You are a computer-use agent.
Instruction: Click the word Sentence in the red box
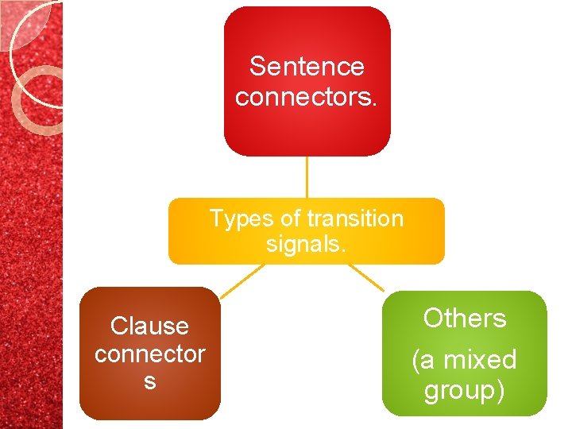click(307, 67)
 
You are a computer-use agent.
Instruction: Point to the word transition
click(355, 218)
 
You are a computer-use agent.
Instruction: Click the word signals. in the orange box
click(307, 244)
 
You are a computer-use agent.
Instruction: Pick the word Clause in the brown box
click(149, 326)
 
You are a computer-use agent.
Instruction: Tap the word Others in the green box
click(465, 319)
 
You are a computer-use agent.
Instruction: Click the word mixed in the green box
click(481, 360)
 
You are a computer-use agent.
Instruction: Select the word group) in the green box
click(465, 390)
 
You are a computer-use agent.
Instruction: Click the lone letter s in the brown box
click(149, 382)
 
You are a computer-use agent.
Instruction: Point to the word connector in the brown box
click(149, 354)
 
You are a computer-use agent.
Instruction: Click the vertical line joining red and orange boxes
click(307, 176)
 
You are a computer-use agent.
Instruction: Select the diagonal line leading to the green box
click(366, 277)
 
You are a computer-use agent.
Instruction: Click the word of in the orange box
click(285, 218)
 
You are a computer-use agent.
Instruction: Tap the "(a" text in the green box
click(424, 360)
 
